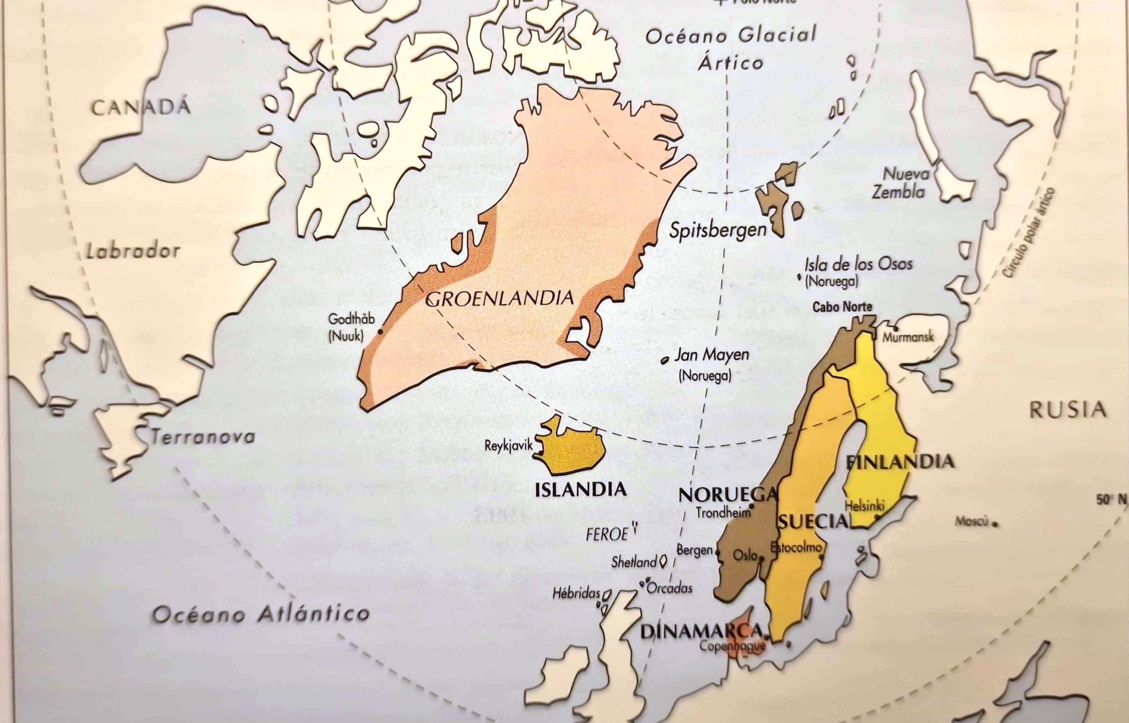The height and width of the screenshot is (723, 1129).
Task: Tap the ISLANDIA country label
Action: (x=580, y=490)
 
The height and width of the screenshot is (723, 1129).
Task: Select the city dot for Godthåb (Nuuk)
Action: (x=380, y=331)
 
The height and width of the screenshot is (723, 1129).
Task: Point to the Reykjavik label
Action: (x=508, y=445)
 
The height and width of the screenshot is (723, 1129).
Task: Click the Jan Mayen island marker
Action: (x=665, y=360)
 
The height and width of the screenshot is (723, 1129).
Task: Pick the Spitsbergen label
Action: (x=718, y=230)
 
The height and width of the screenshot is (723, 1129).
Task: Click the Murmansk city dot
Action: (x=896, y=328)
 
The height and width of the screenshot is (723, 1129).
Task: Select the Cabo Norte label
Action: (x=842, y=307)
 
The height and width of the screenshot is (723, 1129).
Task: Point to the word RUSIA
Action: (x=1068, y=410)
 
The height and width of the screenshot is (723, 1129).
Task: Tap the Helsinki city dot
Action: (x=877, y=517)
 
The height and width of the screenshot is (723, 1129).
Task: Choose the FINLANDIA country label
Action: (x=900, y=462)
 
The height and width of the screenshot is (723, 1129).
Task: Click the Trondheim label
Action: (x=723, y=513)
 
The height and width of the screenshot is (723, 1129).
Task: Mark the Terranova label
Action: (x=203, y=438)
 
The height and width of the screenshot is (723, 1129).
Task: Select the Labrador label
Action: (x=133, y=251)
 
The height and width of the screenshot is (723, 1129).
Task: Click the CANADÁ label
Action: (x=141, y=108)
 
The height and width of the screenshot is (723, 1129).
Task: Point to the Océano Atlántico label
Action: (x=261, y=614)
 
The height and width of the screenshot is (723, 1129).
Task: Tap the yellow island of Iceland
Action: (x=572, y=451)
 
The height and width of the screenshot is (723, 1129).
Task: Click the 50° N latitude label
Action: (x=1111, y=501)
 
